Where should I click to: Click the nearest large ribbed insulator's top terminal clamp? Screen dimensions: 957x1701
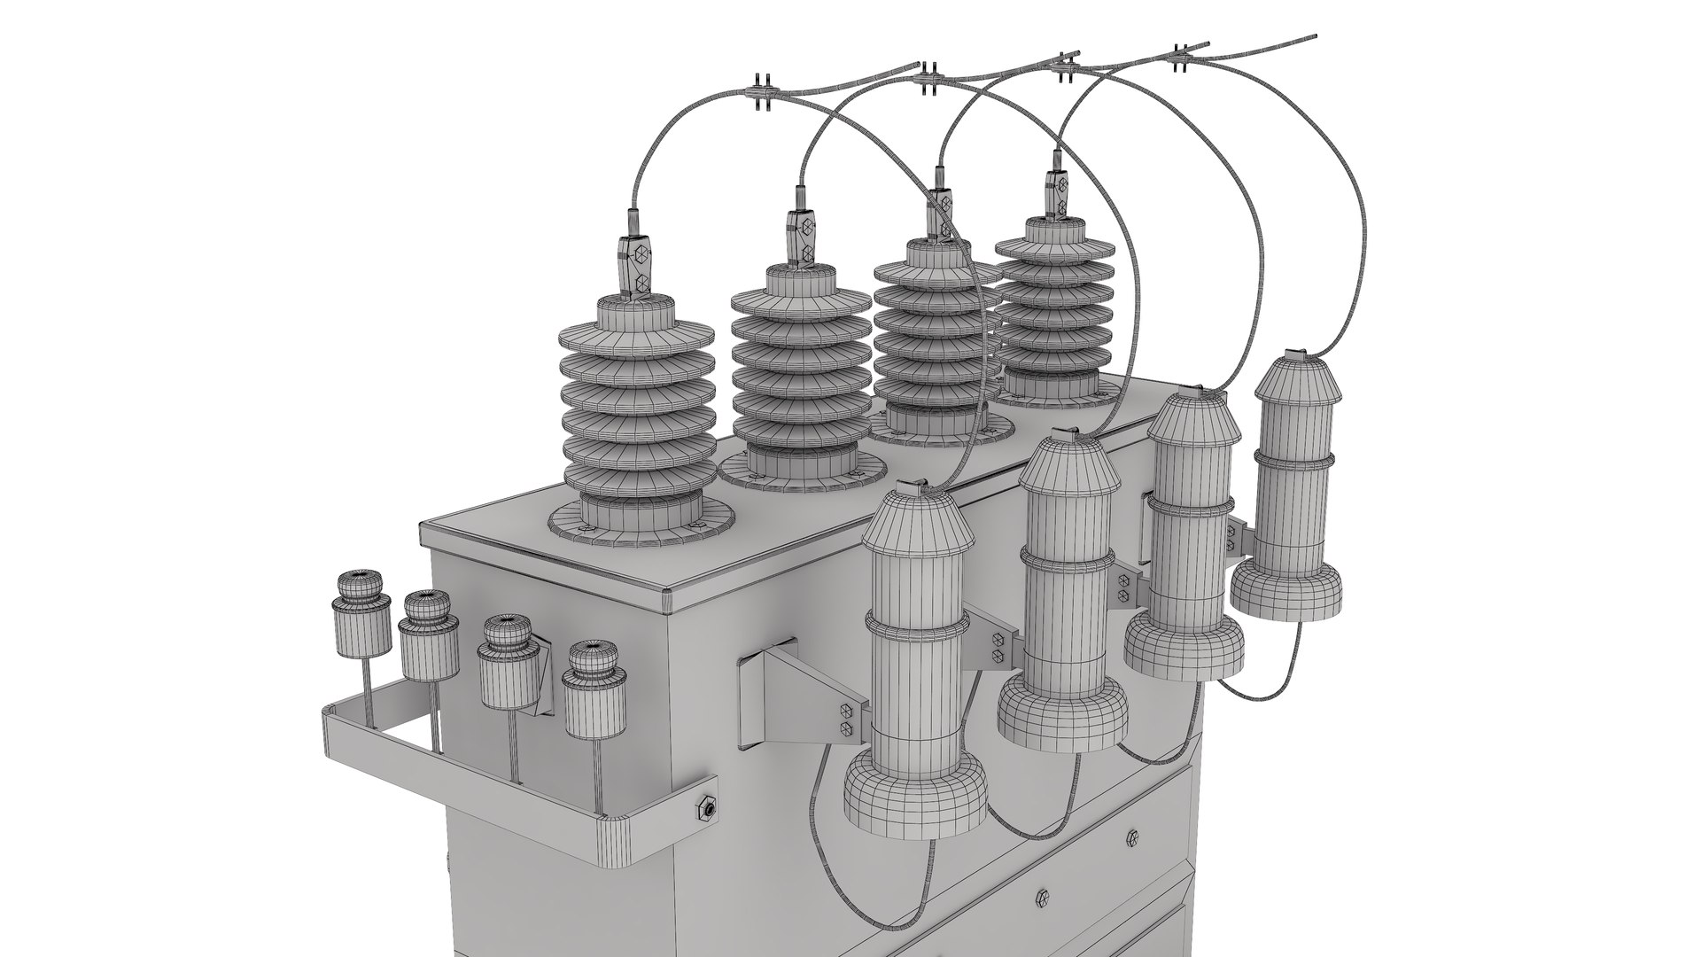(x=638, y=268)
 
